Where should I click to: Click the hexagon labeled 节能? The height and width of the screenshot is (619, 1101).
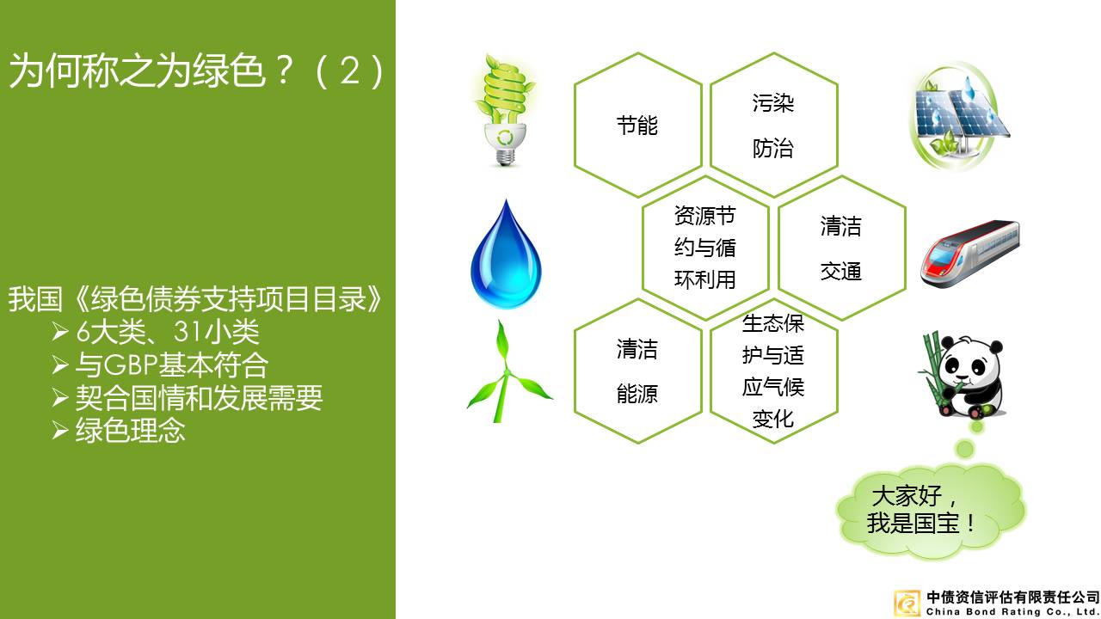point(637,126)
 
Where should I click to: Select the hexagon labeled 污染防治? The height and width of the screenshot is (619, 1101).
point(772,126)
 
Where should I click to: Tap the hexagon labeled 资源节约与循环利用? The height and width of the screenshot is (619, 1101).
point(704,248)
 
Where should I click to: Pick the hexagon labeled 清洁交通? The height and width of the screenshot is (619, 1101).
point(840,248)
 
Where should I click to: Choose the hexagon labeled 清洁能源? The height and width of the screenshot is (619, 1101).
point(637,371)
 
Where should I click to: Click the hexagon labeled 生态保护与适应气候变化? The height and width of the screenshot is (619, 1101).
point(772,371)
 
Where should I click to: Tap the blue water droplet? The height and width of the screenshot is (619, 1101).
point(506,255)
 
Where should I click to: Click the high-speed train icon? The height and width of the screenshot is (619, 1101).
point(969,253)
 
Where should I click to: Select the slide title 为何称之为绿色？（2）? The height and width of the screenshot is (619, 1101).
point(197,71)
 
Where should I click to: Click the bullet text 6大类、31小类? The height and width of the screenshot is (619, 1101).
point(167,332)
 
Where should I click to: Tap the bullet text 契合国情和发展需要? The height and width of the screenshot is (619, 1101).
point(199,397)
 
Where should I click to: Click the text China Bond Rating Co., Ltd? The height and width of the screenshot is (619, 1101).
point(1012,611)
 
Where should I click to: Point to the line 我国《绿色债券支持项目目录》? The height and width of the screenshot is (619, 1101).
point(195,300)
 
